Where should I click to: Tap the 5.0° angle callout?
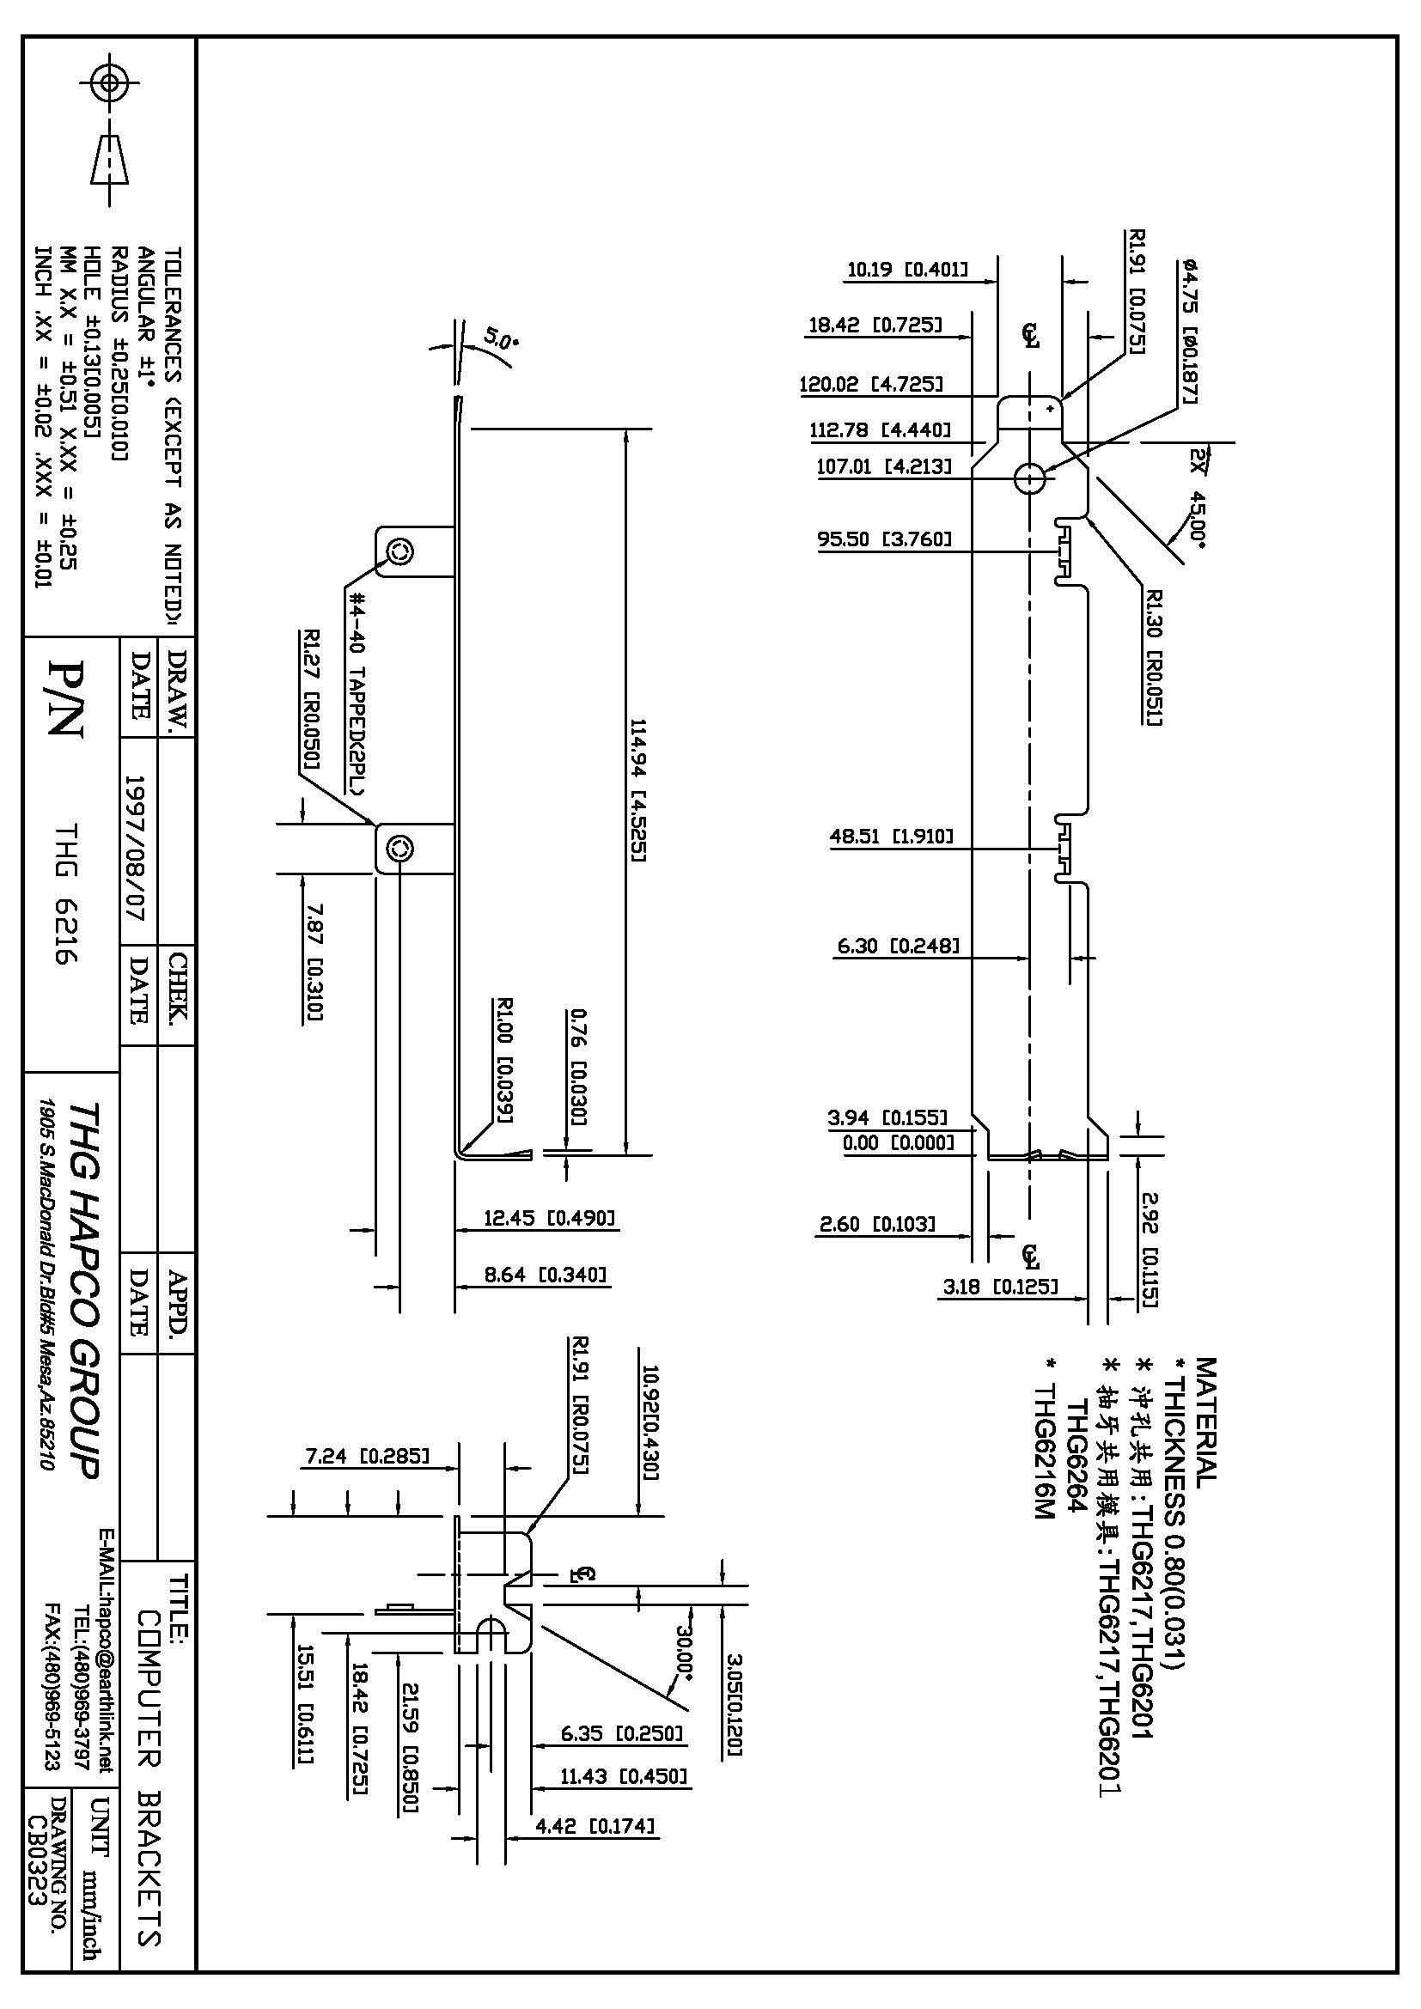[x=503, y=338]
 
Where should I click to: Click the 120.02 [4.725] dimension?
[x=870, y=383]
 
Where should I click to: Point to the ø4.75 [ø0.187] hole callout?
[x=1190, y=331]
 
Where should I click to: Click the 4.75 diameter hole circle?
[x=1030, y=478]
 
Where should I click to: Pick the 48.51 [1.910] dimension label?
[x=891, y=836]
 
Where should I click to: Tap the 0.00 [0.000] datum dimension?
[x=898, y=1142]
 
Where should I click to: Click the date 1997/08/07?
[x=137, y=845]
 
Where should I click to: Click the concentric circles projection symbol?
[x=109, y=83]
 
